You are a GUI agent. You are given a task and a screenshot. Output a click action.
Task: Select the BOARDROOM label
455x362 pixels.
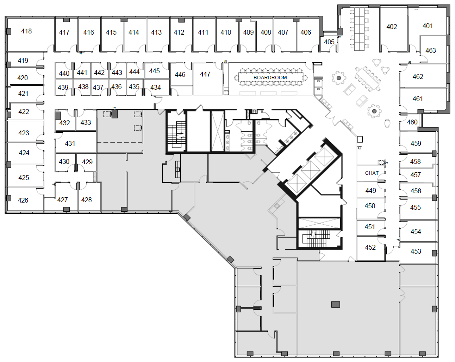[x=270, y=77]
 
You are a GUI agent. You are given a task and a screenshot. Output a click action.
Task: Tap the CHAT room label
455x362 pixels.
[x=372, y=173]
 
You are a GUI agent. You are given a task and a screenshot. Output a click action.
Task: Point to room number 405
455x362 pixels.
[x=329, y=42]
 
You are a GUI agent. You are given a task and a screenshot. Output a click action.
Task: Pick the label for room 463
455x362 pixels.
[x=430, y=51]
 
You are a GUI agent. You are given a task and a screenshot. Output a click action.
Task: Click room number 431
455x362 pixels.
[x=70, y=143]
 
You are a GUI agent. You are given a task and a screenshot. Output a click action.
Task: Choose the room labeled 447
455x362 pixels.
[x=205, y=74]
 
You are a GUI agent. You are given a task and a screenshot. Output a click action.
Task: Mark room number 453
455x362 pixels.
[x=416, y=251]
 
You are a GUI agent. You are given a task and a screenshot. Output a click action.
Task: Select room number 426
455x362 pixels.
[x=23, y=200]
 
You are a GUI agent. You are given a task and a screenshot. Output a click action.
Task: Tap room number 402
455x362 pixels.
[x=391, y=27]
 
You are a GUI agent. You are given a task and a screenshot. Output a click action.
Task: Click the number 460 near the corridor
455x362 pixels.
[x=412, y=122]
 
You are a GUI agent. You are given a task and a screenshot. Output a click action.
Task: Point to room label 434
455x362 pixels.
[x=156, y=87]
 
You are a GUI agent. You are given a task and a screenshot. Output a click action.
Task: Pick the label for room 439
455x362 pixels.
[x=63, y=87]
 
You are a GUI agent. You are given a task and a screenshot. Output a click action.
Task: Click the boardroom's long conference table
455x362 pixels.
[x=270, y=77]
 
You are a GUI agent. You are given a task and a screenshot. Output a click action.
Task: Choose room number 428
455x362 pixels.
[x=86, y=200]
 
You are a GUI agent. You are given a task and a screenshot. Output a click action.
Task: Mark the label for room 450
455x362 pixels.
[x=370, y=206]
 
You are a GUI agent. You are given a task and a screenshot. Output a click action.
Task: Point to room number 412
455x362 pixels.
[x=179, y=32]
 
